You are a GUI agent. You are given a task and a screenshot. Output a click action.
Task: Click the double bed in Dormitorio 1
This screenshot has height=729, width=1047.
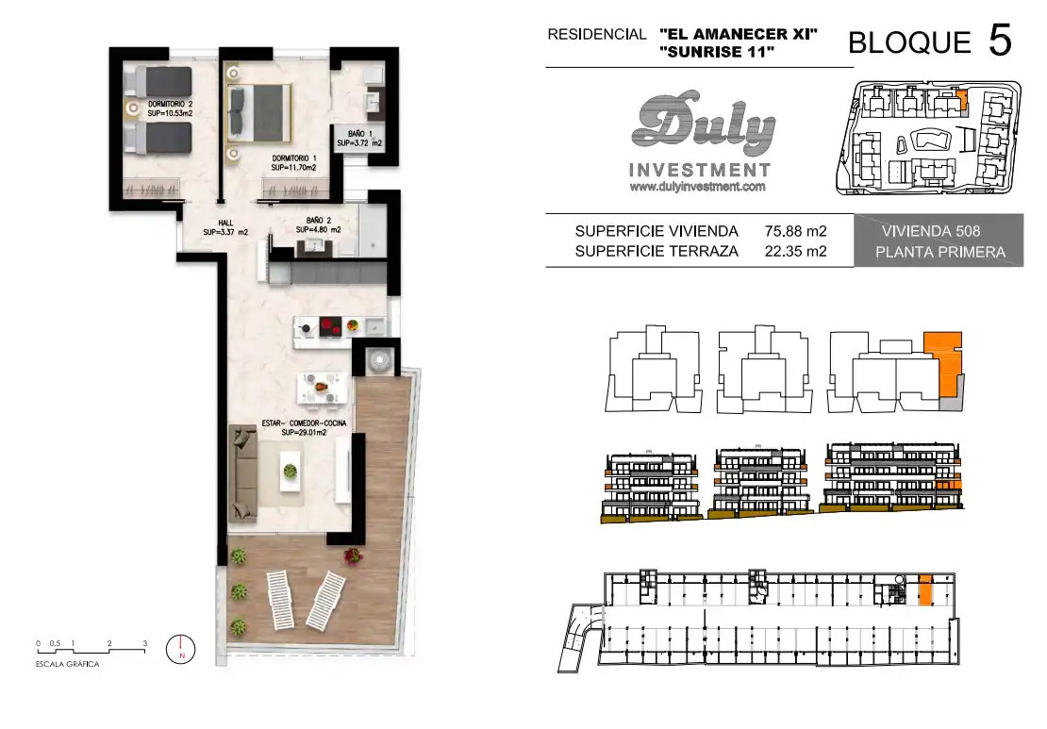pos(259,112)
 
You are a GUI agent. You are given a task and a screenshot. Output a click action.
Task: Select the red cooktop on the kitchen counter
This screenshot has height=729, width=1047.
pos(330,327)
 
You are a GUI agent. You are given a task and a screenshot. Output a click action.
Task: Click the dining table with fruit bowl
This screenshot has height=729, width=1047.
pos(323,388)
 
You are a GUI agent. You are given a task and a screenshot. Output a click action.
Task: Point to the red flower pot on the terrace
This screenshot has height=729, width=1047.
pos(353,555)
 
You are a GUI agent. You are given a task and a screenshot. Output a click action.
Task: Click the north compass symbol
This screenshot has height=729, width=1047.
pos(181,648)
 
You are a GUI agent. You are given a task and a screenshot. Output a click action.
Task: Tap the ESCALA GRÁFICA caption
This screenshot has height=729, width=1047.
pos(67,664)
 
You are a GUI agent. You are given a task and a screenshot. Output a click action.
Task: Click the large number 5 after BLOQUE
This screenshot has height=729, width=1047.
pos(1000,40)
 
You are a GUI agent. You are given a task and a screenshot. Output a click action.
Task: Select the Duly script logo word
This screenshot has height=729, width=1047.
pos(703,124)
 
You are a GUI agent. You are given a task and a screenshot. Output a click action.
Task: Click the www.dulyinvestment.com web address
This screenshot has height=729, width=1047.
pos(697,187)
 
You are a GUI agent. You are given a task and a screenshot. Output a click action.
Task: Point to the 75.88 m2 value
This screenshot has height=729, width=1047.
pos(795,231)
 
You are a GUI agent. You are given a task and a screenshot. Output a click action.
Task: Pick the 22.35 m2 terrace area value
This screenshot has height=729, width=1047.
pos(795,251)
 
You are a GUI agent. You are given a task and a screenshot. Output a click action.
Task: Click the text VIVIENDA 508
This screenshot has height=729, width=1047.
pos(931,231)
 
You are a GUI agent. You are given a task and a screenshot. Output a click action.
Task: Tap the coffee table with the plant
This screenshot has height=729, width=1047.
pos(291,472)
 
